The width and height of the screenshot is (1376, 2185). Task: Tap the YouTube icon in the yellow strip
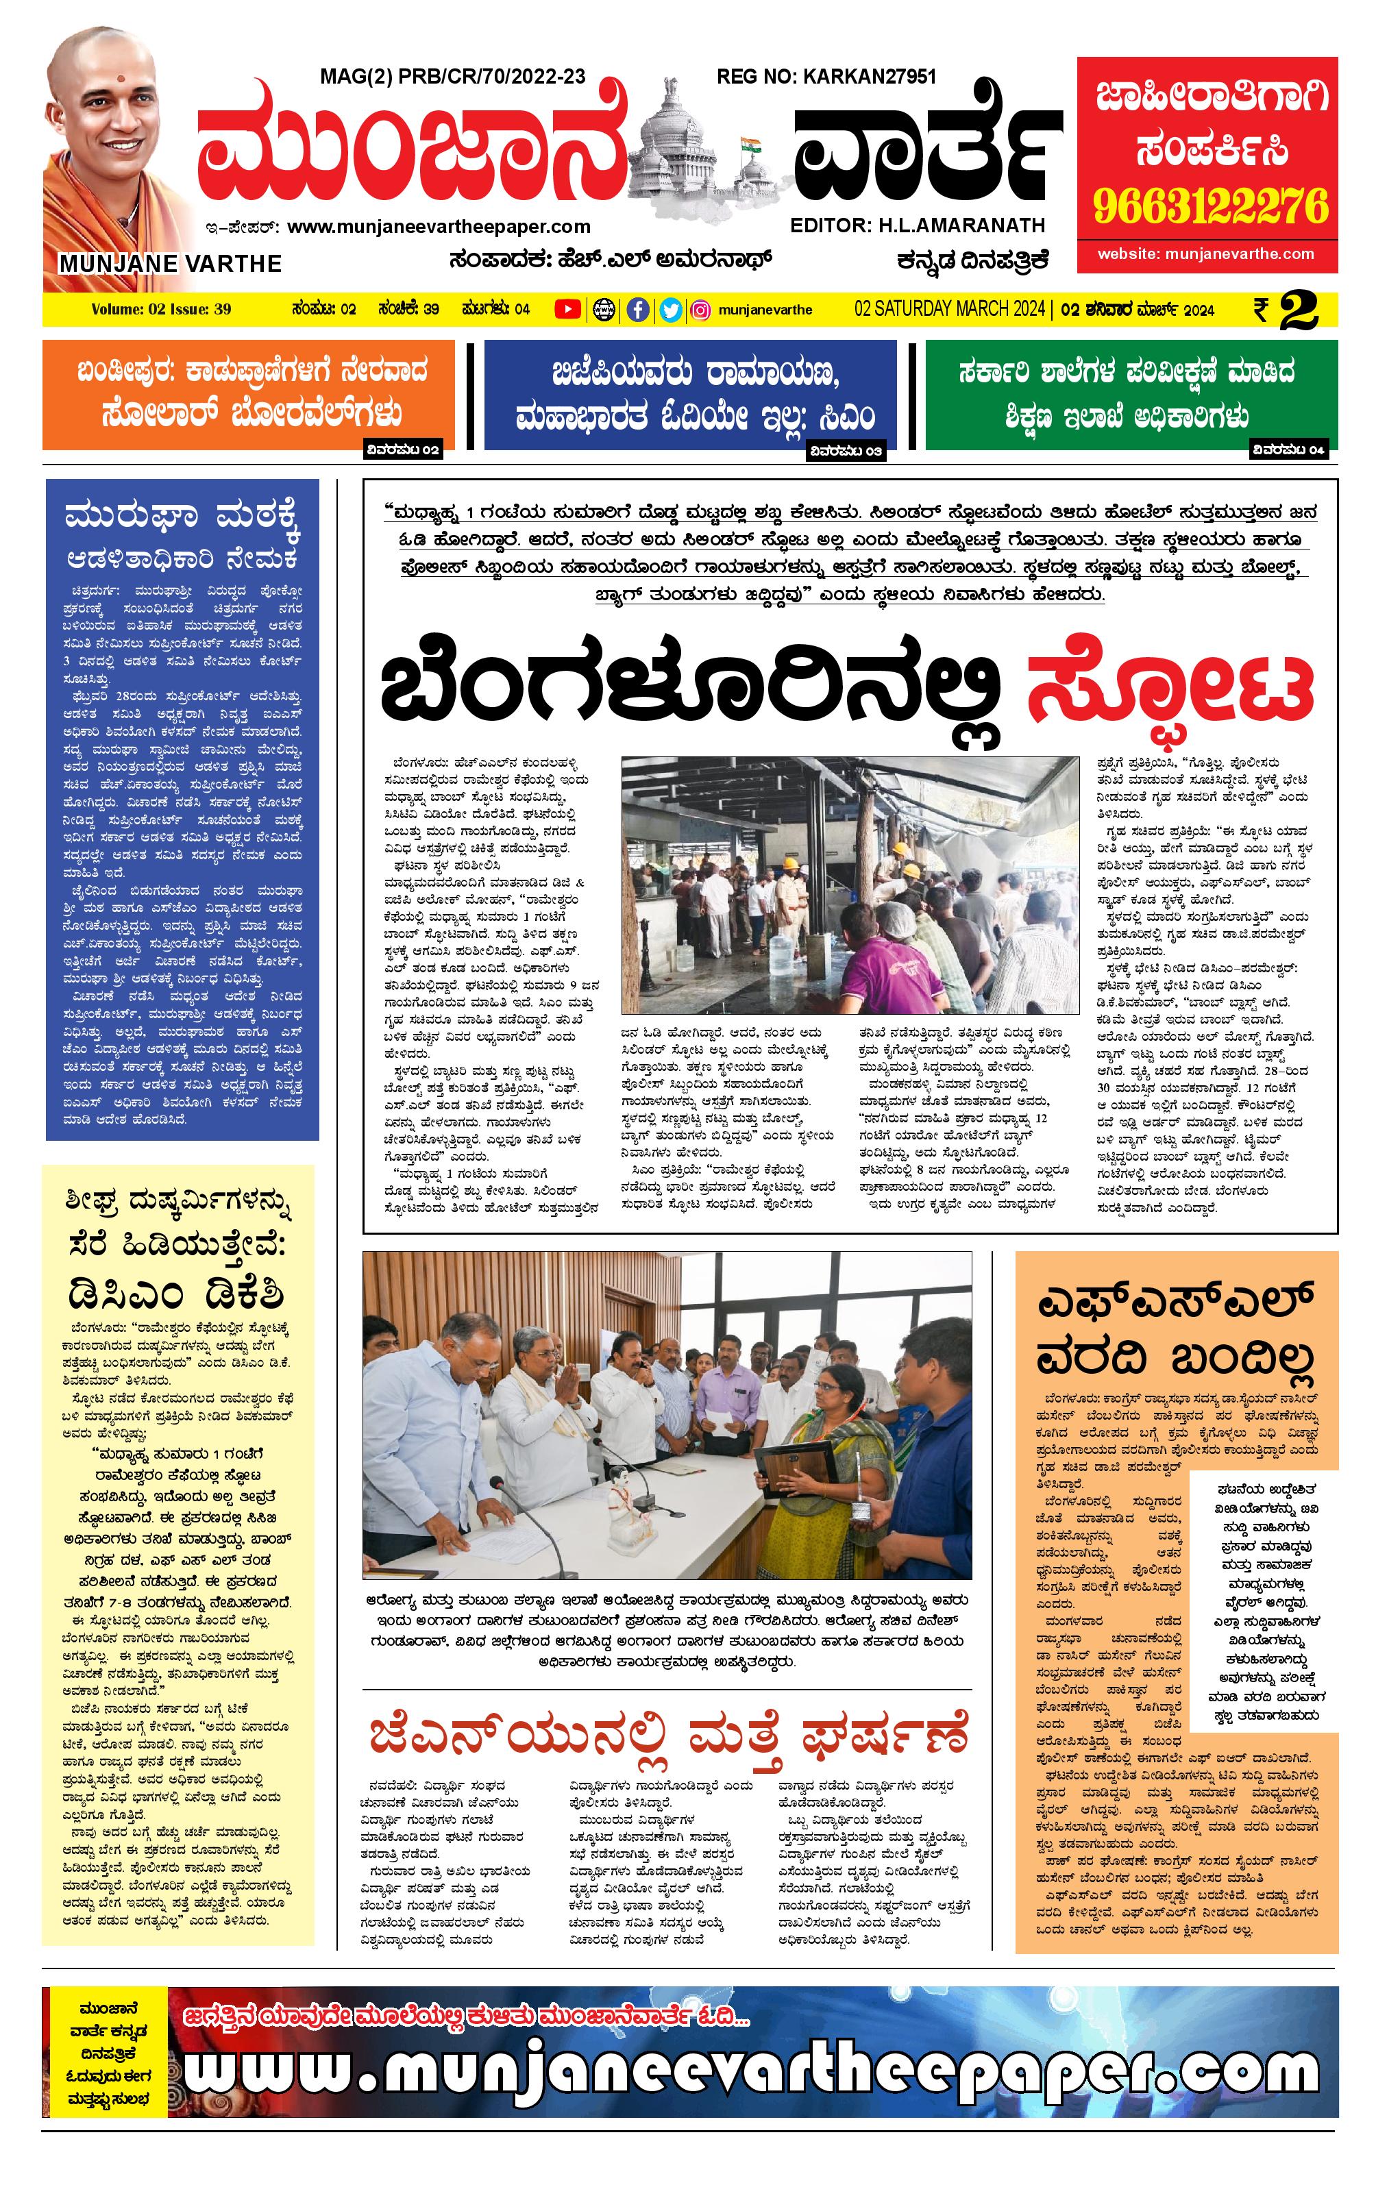coord(567,310)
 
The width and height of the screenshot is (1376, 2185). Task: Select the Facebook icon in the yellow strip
coord(638,310)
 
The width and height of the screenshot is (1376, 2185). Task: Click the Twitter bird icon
coord(670,310)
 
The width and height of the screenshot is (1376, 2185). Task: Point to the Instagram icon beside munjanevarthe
coord(701,310)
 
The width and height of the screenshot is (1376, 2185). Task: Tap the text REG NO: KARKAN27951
coord(825,77)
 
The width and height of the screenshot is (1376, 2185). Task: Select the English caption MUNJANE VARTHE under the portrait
coord(170,263)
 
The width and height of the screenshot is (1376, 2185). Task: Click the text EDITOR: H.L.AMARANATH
coord(917,225)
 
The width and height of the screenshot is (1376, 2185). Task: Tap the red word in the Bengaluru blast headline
coord(1169,688)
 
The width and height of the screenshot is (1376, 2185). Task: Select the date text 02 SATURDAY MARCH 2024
coord(948,310)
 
